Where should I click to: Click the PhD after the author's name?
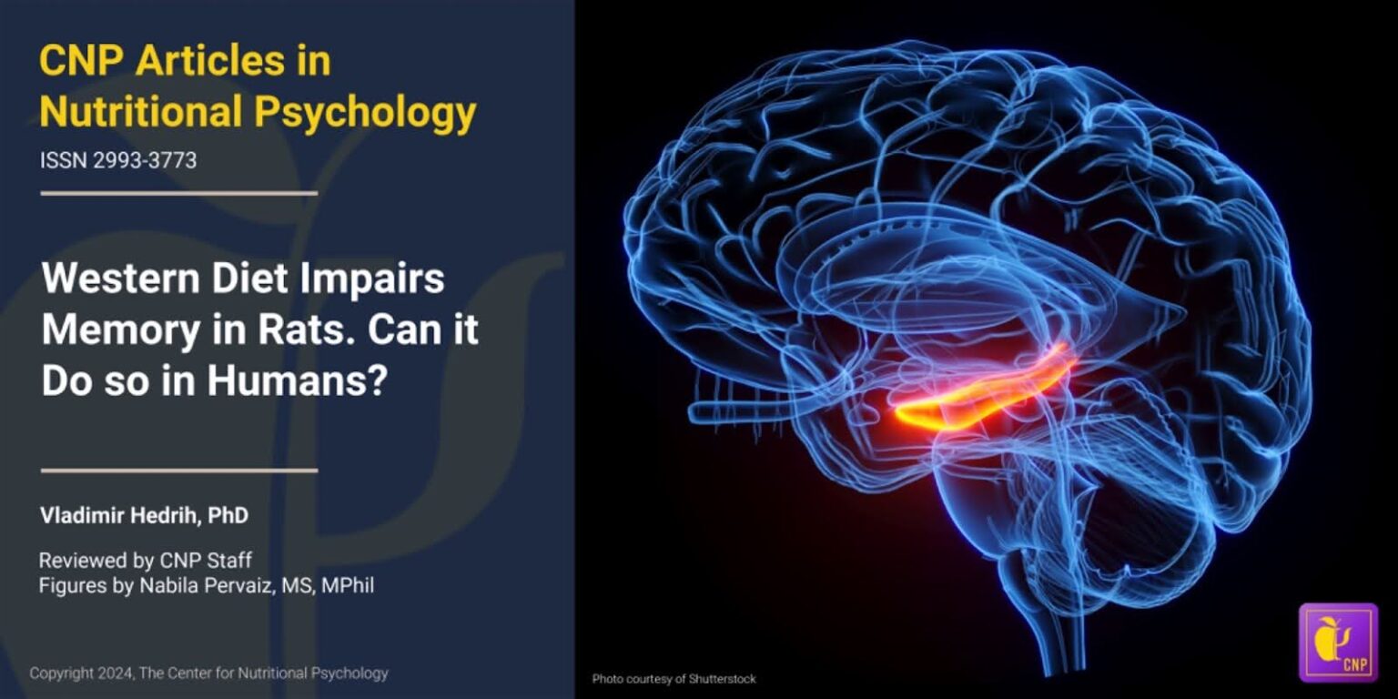coord(228,516)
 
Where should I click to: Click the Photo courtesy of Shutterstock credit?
coord(674,678)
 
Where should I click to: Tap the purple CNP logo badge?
coord(1338,642)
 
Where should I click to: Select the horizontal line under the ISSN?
coord(179,193)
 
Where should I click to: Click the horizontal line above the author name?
coord(179,471)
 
